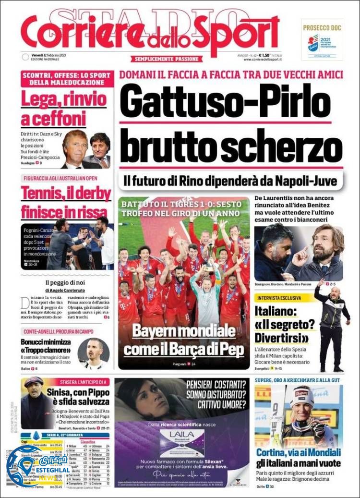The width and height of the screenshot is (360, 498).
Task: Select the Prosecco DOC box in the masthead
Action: point(322,39)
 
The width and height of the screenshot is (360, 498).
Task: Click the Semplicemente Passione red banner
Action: point(166,59)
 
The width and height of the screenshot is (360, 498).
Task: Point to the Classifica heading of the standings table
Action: point(87,441)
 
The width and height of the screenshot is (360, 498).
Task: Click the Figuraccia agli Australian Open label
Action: point(66,178)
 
